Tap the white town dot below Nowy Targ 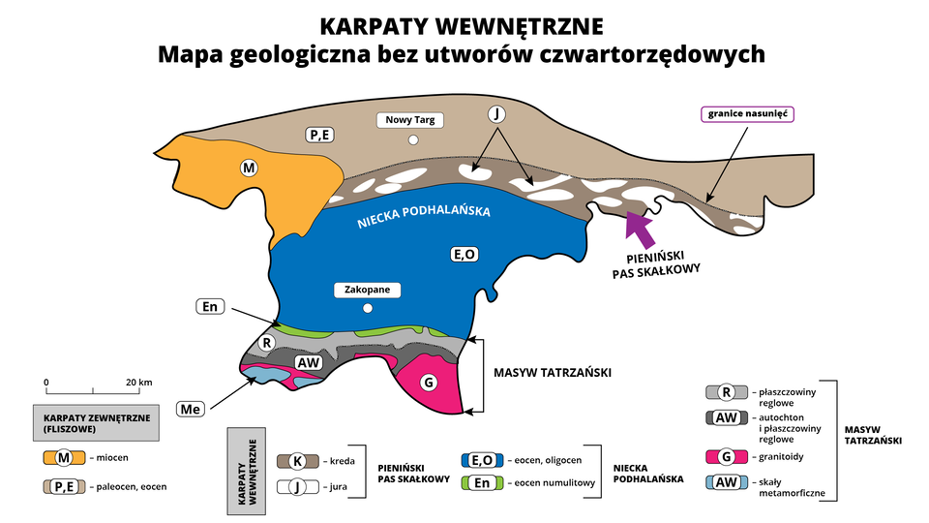[x=413, y=141]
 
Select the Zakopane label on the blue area [x=367, y=290]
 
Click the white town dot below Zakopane [x=367, y=309]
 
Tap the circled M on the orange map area [x=250, y=169]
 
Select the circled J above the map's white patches [x=496, y=114]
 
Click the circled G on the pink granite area [x=427, y=383]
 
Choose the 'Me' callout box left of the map [x=190, y=410]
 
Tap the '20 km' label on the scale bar [x=138, y=382]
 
